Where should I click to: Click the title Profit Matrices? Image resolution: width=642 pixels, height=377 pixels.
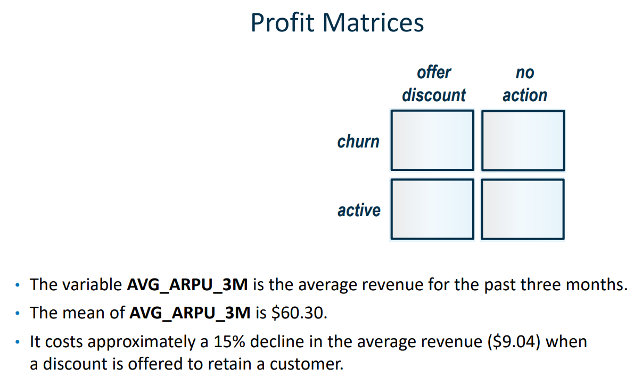(337, 23)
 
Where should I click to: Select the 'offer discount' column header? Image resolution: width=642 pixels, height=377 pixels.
(433, 84)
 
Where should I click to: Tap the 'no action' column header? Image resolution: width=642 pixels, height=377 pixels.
(524, 84)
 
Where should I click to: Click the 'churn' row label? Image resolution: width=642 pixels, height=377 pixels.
(358, 142)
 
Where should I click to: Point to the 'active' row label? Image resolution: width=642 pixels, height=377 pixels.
(359, 210)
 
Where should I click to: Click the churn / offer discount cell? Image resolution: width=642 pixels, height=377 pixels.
(432, 140)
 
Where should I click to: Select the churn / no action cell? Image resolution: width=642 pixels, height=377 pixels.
(523, 140)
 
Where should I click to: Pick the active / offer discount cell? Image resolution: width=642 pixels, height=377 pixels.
(432, 209)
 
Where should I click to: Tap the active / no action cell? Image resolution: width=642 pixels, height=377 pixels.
(523, 209)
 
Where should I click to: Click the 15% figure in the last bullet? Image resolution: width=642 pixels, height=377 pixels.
(227, 341)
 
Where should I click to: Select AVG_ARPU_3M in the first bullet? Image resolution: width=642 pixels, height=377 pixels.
(187, 285)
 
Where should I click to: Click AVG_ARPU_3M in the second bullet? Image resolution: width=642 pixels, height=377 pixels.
(190, 313)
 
